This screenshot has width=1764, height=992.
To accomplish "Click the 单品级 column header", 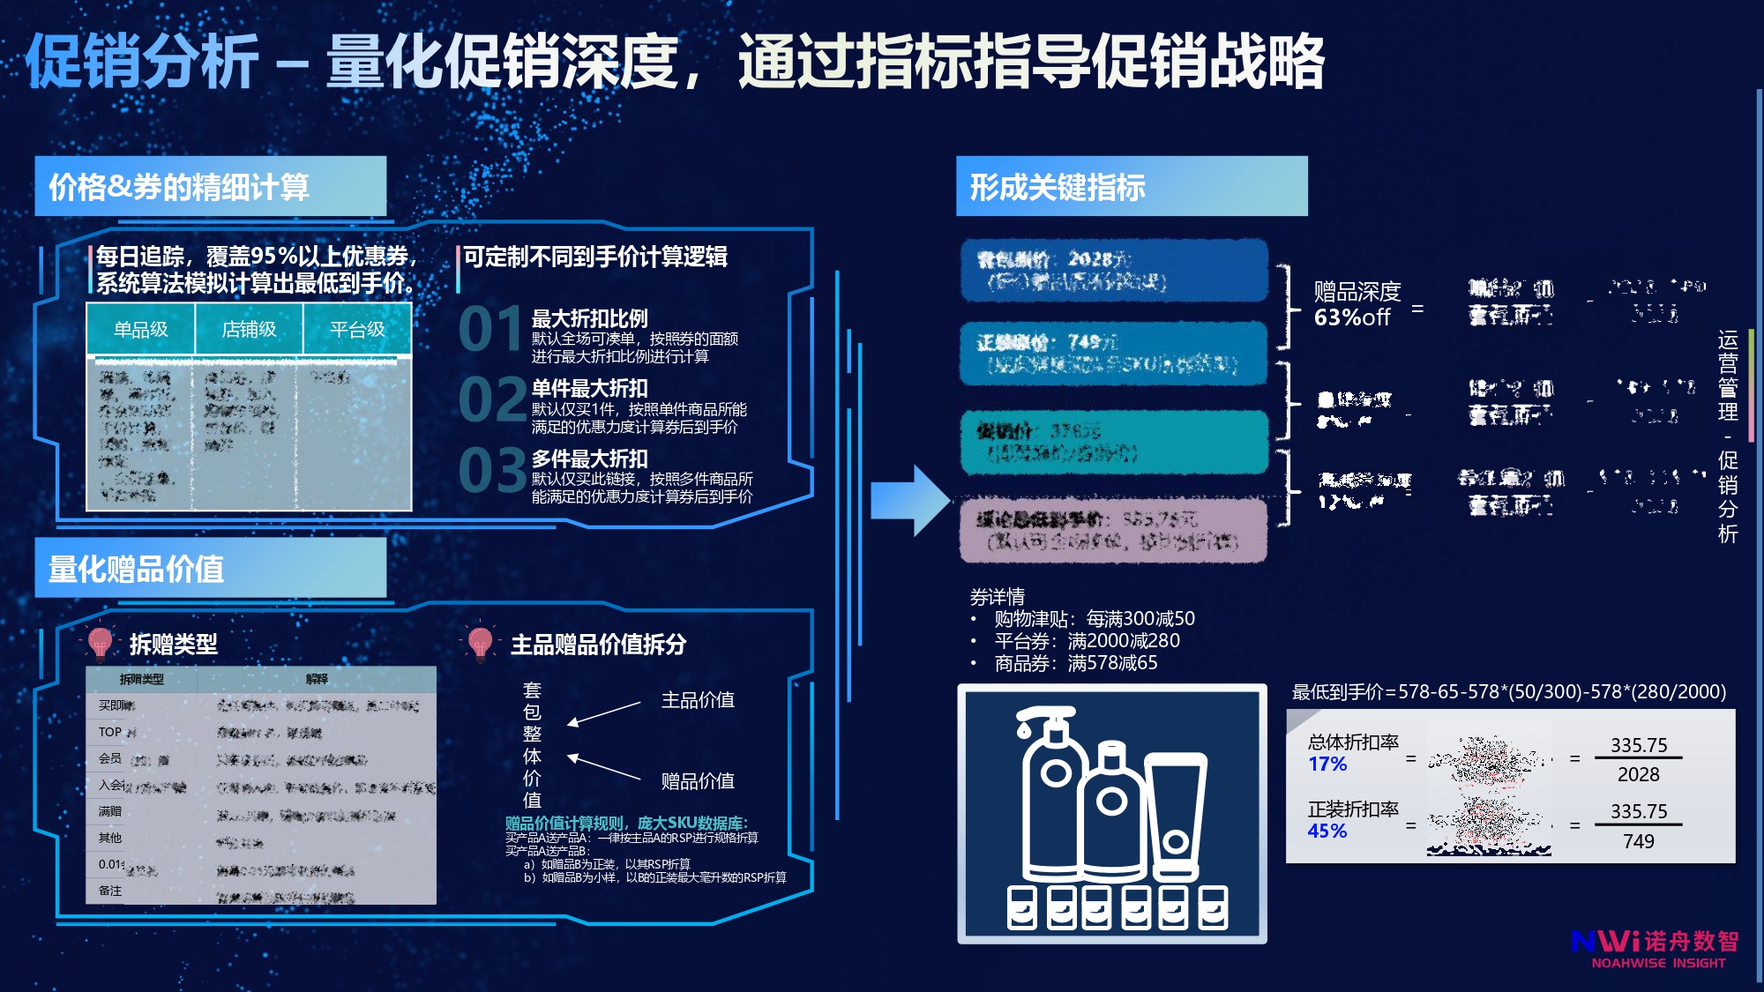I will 140,330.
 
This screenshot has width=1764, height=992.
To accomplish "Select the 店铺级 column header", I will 249,330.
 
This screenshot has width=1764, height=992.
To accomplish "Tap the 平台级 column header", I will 357,330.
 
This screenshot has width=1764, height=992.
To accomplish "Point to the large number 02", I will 491,400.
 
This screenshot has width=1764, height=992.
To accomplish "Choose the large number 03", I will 491,471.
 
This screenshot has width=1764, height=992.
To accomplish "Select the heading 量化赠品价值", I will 136,569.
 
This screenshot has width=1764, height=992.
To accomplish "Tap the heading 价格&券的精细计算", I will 179,187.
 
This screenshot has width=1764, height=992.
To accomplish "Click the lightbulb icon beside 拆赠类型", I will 100,643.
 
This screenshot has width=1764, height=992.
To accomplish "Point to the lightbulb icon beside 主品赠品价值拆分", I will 480,643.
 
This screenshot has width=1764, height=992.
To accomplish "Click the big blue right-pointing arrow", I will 909,500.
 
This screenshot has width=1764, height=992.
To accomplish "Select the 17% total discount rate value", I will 1327,765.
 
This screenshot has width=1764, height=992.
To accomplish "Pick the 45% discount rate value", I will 1327,832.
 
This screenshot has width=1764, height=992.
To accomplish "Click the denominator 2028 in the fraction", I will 1638,774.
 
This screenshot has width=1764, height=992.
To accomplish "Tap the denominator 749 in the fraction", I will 1638,841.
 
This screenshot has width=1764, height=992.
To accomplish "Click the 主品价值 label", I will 698,700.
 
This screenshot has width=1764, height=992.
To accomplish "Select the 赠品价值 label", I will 698,781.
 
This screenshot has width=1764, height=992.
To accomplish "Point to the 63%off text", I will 1352,317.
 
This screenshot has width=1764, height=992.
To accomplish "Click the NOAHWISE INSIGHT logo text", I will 1658,963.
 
